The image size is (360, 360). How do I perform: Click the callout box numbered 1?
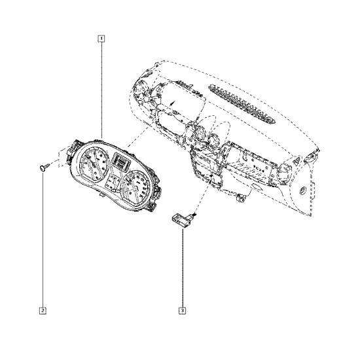tap(101, 39)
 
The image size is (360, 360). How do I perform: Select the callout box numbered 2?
tap(43, 311)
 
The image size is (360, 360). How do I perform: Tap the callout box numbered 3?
tap(183, 311)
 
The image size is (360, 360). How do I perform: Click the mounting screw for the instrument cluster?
tap(45, 167)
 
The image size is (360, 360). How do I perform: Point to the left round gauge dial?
tap(94, 164)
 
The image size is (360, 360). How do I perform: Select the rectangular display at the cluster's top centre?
tap(121, 162)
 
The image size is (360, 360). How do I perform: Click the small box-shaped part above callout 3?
tap(183, 221)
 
